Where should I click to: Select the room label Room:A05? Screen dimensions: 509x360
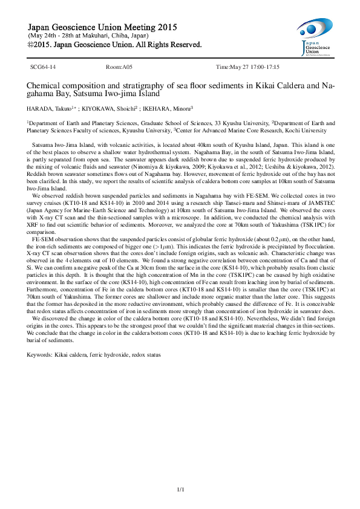[115, 67]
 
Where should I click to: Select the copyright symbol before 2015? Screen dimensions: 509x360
[32, 45]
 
